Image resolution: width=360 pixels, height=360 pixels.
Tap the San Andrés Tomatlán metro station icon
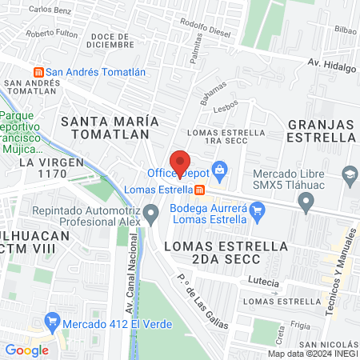[37, 72]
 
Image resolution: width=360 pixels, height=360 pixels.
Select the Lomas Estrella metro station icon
[200, 190]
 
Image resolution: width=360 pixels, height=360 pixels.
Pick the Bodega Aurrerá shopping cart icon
[256, 211]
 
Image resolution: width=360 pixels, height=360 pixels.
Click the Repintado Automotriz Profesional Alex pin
[151, 214]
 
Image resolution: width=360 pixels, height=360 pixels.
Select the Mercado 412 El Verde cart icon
[53, 323]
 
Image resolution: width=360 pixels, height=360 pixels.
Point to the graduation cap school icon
[350, 173]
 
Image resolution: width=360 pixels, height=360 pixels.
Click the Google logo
[26, 350]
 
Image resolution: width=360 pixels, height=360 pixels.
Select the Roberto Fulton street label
[51, 34]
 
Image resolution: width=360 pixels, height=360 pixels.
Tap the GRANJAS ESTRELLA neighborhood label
[320, 130]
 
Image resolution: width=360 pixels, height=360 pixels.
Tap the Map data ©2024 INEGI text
[313, 354]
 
